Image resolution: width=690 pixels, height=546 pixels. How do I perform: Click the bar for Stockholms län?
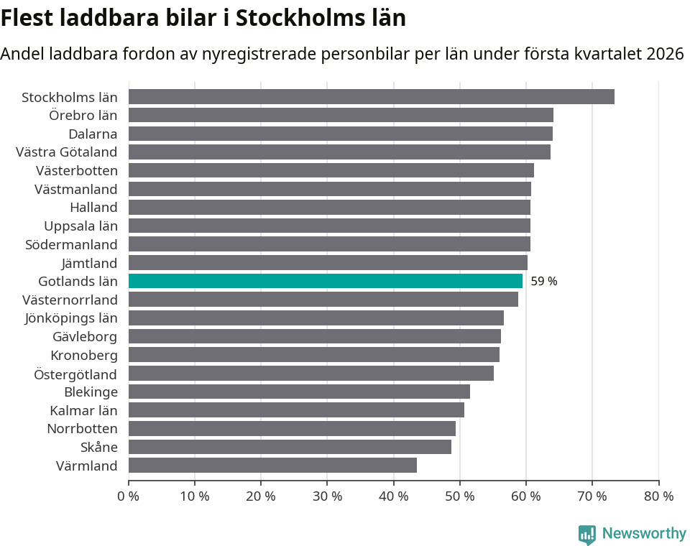click(371, 97)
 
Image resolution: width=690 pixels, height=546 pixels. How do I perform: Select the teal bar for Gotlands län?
click(325, 281)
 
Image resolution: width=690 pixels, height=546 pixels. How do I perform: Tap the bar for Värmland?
click(272, 466)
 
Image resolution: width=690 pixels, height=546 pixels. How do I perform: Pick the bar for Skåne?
click(290, 447)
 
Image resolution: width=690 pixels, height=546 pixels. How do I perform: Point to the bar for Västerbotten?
click(331, 170)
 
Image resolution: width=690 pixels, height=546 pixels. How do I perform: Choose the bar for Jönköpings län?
click(316, 318)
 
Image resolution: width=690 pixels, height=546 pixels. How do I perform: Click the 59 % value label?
click(544, 282)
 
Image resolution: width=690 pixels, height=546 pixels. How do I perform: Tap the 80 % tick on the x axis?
click(658, 496)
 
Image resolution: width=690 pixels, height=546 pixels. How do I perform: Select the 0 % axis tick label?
click(129, 496)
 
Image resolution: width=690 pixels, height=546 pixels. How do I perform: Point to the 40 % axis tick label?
click(393, 496)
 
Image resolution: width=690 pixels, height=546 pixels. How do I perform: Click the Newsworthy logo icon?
click(587, 535)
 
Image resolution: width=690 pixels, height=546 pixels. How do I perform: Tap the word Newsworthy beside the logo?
click(644, 534)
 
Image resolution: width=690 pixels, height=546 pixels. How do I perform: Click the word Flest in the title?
click(28, 17)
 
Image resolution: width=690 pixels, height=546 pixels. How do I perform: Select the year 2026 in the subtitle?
click(665, 54)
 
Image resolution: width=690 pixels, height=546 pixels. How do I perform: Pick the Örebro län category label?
click(83, 115)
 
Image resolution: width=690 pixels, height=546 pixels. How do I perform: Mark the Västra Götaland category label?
click(67, 152)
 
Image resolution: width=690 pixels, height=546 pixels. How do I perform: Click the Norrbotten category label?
click(82, 429)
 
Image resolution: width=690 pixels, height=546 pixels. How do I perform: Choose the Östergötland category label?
click(75, 374)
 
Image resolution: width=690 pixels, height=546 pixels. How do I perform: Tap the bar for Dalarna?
click(340, 134)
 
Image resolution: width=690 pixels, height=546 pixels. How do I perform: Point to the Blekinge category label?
click(91, 392)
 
